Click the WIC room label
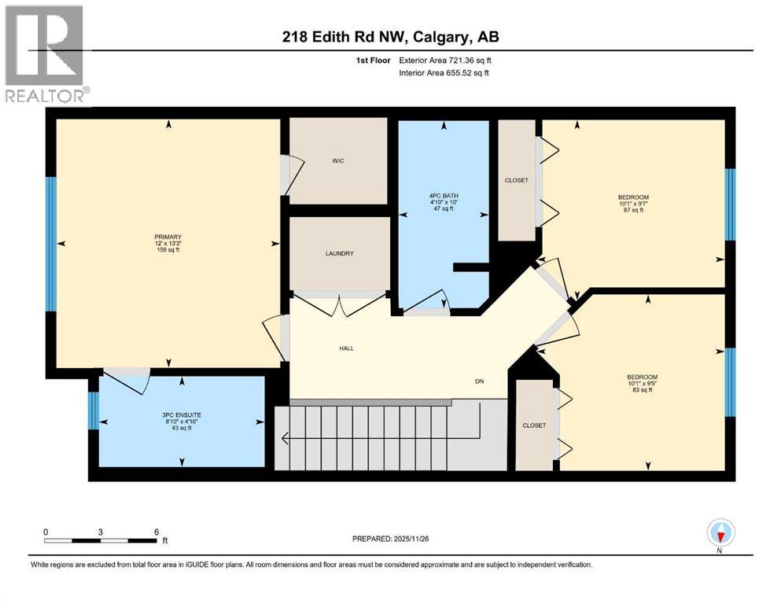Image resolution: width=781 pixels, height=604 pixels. point(338,161)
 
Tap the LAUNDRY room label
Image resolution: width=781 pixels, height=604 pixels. point(339,253)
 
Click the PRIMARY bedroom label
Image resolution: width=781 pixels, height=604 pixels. point(168,237)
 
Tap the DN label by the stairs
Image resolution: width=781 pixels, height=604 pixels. point(479,381)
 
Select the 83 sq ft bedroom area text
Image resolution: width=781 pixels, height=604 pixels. point(641,390)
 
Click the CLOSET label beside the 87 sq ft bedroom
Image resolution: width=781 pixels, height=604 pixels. point(516,180)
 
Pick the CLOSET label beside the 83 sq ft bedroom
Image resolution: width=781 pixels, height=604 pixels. point(534,425)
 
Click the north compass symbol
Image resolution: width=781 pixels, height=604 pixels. point(720,535)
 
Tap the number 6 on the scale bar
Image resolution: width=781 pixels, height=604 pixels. point(157,531)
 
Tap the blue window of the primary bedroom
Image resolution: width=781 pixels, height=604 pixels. point(51,244)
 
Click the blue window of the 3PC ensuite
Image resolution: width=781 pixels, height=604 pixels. point(93,410)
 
